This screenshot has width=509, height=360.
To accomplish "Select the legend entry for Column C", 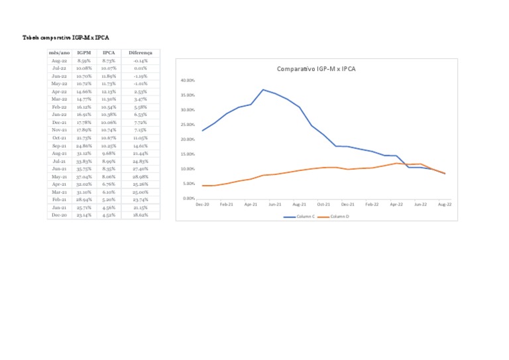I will click(300, 217).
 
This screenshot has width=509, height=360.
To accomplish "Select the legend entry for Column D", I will click(335, 217).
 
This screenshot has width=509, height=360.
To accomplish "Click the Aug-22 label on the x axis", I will click(445, 205).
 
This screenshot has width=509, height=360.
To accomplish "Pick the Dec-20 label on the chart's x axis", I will click(202, 205).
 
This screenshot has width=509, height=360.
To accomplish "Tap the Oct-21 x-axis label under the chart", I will click(323, 205).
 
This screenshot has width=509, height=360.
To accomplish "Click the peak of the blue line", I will click(263, 90).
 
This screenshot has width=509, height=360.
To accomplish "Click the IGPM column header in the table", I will click(84, 52).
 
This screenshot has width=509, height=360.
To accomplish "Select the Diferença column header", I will click(141, 52).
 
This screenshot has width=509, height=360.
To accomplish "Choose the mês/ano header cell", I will click(59, 52).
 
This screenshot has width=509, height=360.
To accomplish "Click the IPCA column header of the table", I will click(109, 52).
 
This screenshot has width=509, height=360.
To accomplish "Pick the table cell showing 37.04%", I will click(84, 177).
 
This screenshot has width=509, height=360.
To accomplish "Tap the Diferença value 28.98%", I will click(141, 177).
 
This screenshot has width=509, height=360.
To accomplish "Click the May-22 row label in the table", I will click(59, 84).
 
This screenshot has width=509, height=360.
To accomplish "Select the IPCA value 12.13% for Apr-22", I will click(109, 91).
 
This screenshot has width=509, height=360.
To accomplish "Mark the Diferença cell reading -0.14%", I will click(141, 60).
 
